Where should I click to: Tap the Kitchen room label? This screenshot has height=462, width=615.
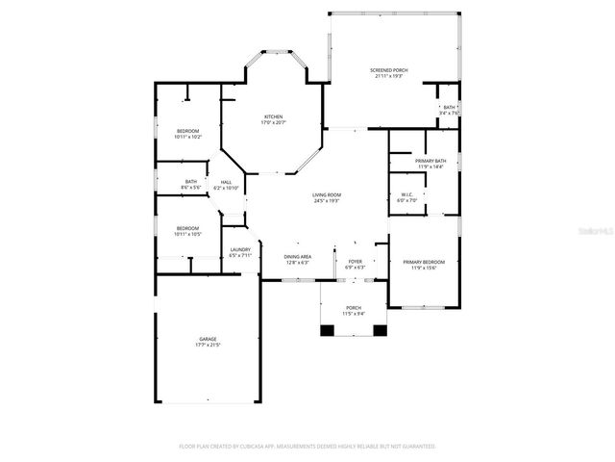tap(274, 119)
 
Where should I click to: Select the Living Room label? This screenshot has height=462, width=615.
tap(327, 197)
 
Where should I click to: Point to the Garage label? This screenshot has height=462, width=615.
tap(208, 341)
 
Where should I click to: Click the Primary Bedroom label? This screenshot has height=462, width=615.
tap(424, 264)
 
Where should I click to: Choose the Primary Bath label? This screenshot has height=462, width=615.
tap(430, 163)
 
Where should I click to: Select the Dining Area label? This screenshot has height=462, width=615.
tap(298, 259)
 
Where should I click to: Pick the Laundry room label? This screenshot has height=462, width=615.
tap(240, 252)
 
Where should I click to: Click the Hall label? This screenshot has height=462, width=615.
tap(226, 185)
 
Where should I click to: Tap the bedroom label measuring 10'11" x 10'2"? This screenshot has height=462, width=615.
tap(187, 133)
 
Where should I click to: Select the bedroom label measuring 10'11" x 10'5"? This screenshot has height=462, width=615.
tap(187, 231)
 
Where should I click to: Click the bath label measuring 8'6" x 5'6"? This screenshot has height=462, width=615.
tap(191, 184)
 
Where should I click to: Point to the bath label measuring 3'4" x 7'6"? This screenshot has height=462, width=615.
tap(449, 110)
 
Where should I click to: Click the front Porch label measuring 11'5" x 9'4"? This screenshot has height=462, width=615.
tap(354, 311)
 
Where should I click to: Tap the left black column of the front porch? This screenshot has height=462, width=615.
tap(328, 330)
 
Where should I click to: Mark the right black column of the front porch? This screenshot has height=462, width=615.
tap(380, 330)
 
